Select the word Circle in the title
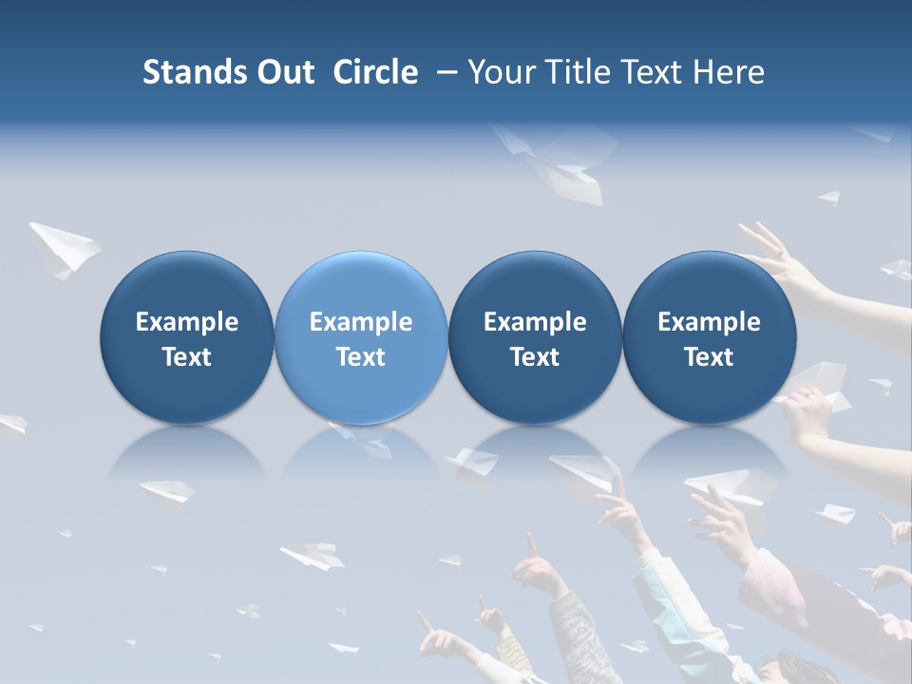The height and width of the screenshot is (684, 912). (375, 72)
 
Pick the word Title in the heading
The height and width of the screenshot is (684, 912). (579, 72)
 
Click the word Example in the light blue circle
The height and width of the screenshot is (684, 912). (361, 322)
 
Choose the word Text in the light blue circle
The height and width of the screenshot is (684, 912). (361, 357)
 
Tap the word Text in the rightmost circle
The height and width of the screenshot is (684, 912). (710, 357)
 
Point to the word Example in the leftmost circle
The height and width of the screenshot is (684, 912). (187, 322)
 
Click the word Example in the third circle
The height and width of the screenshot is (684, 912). (535, 322)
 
